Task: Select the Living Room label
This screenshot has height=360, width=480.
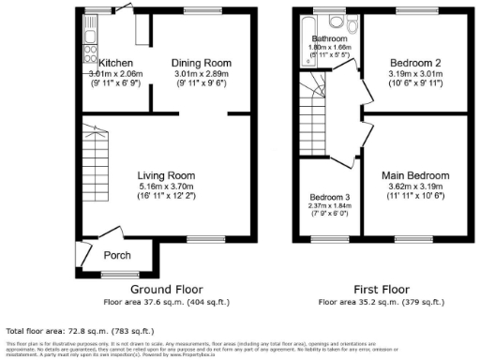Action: click(x=166, y=175)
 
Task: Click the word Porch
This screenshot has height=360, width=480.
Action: click(x=117, y=255)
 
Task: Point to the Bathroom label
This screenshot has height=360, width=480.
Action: click(x=329, y=38)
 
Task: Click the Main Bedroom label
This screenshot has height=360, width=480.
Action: click(x=414, y=175)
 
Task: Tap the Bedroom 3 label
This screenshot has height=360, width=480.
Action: click(x=329, y=198)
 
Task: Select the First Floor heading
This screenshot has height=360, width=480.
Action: click(x=382, y=290)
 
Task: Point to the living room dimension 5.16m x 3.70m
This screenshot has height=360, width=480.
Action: click(x=166, y=187)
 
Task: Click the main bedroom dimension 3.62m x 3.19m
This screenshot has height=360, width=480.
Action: click(x=414, y=187)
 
